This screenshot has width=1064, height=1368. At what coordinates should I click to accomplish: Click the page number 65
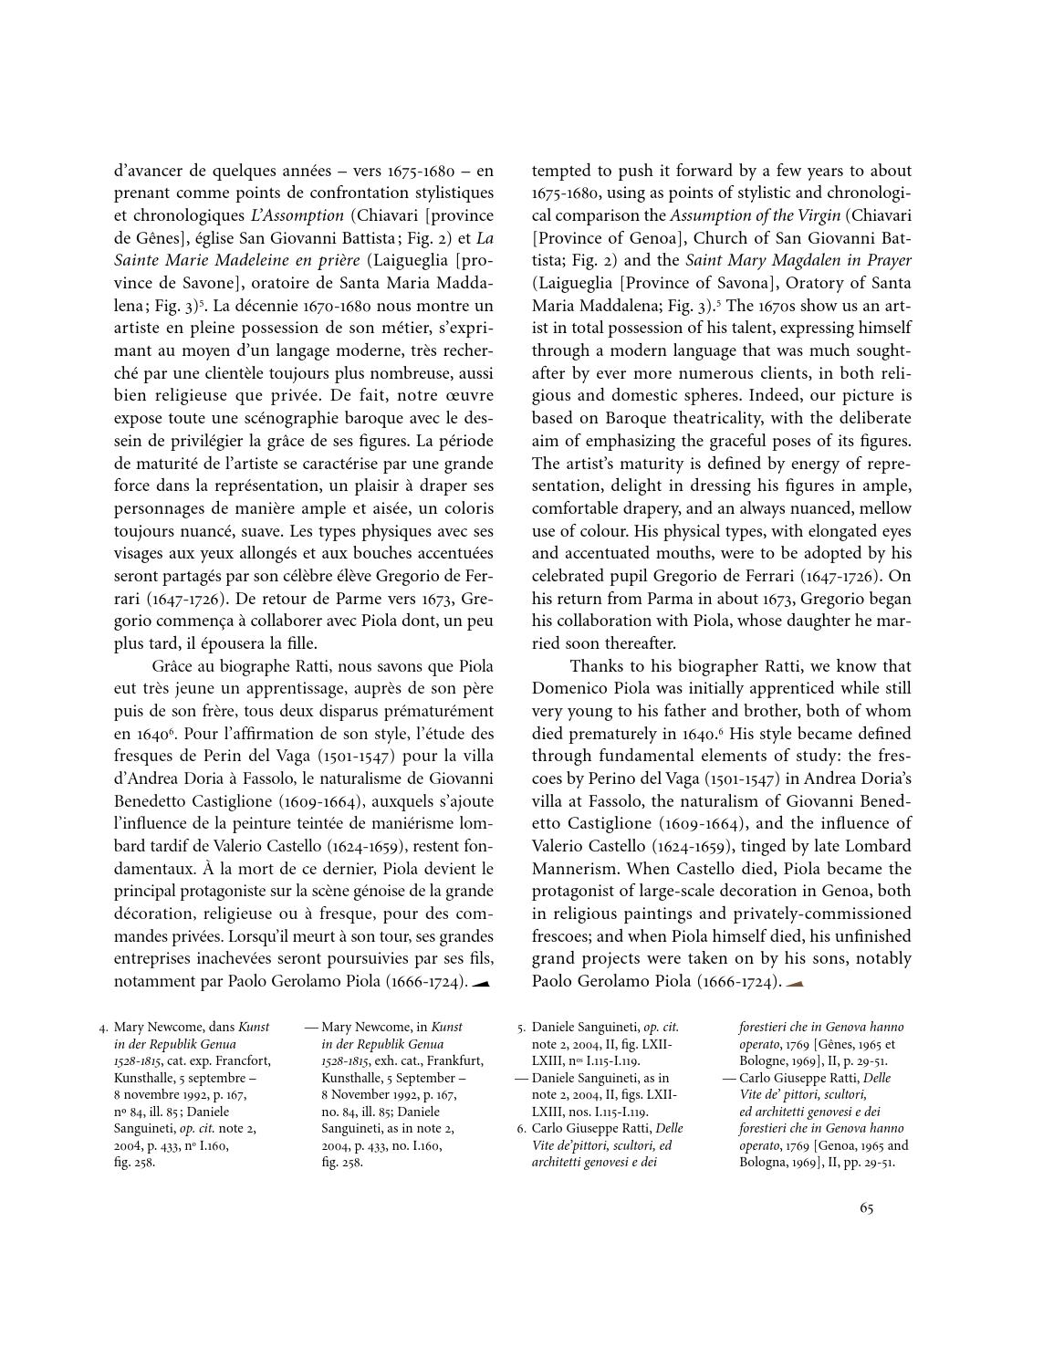click(866, 1208)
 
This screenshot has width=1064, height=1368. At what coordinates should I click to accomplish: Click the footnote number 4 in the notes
click(104, 1028)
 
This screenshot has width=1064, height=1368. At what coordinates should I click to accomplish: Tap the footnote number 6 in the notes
click(521, 1129)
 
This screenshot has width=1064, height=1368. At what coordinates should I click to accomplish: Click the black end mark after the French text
click(482, 983)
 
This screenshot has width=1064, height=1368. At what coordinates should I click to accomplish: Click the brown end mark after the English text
click(794, 983)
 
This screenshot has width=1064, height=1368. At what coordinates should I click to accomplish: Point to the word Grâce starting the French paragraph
click(173, 666)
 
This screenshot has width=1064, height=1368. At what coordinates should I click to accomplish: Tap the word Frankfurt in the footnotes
click(454, 1060)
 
